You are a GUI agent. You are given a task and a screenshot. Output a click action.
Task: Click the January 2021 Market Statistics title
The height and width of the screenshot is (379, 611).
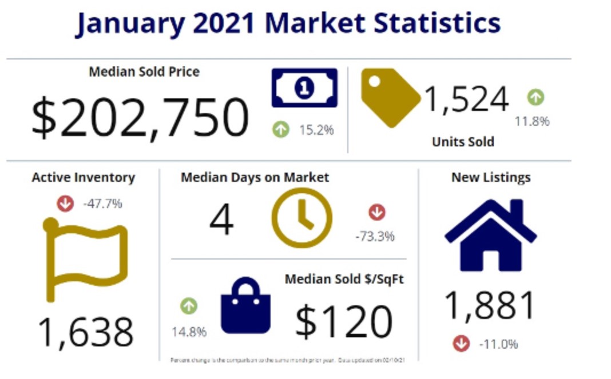288,23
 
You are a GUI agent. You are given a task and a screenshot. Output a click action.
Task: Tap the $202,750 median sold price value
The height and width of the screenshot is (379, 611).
140,117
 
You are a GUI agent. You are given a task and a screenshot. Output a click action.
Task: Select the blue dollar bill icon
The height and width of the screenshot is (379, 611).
304,87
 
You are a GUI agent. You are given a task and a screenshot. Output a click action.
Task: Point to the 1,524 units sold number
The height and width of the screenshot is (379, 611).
466,99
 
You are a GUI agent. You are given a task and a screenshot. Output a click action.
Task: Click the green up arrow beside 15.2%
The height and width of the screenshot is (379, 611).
280,130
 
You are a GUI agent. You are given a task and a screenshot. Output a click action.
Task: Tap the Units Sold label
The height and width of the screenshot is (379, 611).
463,141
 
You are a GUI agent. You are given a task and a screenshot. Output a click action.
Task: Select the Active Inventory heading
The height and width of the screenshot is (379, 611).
84,177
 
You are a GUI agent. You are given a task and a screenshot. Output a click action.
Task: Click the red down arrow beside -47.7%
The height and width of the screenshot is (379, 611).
65,203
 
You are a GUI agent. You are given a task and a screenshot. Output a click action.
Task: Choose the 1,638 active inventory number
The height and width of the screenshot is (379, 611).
86,333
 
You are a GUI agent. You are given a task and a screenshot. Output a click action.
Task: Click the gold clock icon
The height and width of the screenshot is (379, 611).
301,217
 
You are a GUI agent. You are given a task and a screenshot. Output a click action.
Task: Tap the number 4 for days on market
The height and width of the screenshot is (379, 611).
221,220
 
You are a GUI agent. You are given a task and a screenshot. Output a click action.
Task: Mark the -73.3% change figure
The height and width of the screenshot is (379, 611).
375,236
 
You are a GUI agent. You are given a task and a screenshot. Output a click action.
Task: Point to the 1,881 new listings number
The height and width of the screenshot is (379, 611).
490,305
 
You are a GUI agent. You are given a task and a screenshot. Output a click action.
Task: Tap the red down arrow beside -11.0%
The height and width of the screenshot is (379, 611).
461,343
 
